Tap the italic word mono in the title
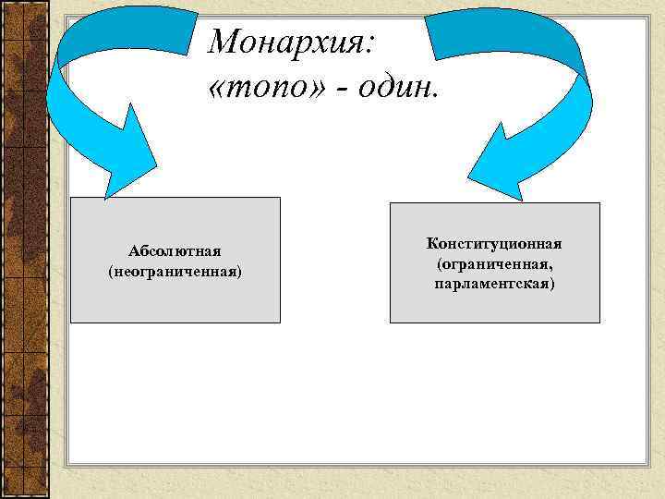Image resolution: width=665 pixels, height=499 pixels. click(268, 89)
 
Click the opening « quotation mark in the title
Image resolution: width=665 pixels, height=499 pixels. click(219, 90)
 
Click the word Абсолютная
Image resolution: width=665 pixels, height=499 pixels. click(175, 252)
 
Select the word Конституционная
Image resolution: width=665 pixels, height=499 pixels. click(494, 244)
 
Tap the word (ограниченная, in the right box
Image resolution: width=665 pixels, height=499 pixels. click(494, 263)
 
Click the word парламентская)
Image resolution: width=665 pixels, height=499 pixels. click(494, 283)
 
